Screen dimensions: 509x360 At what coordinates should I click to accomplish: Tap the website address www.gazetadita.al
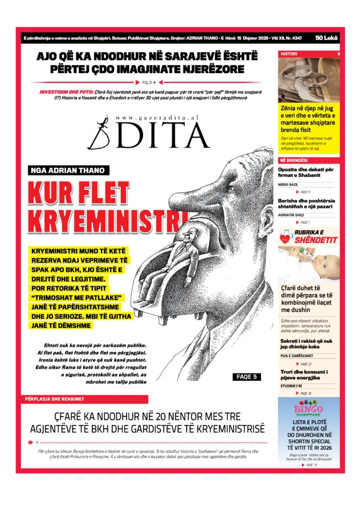click(x=157, y=118)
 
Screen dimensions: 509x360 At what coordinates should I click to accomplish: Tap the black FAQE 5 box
click(x=247, y=377)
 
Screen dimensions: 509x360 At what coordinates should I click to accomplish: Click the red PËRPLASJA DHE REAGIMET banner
click(x=84, y=399)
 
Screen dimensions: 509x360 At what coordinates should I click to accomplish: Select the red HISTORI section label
click(x=289, y=54)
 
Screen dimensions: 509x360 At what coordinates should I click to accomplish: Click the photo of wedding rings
click(x=309, y=79)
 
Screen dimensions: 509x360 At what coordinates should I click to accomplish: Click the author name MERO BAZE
click(x=288, y=184)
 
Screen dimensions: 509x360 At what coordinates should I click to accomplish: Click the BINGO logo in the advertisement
click(x=309, y=407)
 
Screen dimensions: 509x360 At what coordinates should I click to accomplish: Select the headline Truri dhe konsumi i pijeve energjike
click(x=304, y=375)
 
